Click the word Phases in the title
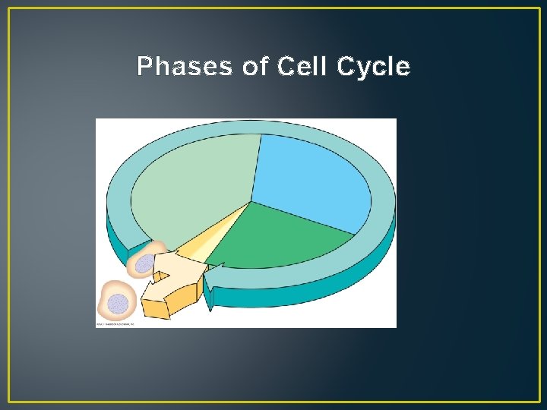pos(185,68)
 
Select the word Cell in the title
pos(302,68)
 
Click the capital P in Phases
pos(144,68)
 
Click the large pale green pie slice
pos(190,190)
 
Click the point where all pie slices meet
pos(251,202)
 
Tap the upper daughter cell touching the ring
pos(148,260)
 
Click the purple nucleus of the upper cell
pos(144,264)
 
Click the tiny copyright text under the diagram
pos(115,324)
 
